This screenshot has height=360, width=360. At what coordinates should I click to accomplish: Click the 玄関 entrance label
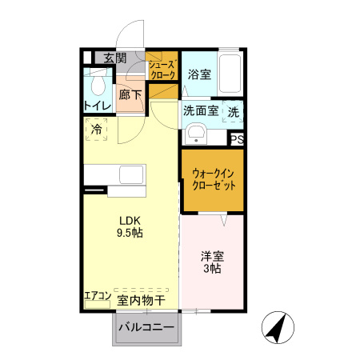point(115,58)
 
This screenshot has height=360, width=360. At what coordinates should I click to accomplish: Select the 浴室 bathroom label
point(199,74)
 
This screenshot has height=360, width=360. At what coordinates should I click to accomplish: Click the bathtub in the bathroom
point(229,75)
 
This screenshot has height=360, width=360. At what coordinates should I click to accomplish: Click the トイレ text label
point(97,106)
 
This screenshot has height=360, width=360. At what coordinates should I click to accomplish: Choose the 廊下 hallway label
point(130,95)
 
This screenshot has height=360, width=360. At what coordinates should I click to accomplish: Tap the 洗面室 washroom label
point(200,112)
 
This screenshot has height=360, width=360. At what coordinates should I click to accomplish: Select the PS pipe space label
point(236,138)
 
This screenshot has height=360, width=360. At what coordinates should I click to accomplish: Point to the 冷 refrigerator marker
point(97,128)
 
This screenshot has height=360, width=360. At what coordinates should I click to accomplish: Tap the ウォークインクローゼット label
point(213,178)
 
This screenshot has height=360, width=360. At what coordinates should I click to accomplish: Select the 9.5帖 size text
point(130,234)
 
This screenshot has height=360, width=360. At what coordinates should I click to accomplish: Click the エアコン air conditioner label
point(98,297)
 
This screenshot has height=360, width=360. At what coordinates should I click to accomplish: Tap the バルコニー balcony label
point(146,327)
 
